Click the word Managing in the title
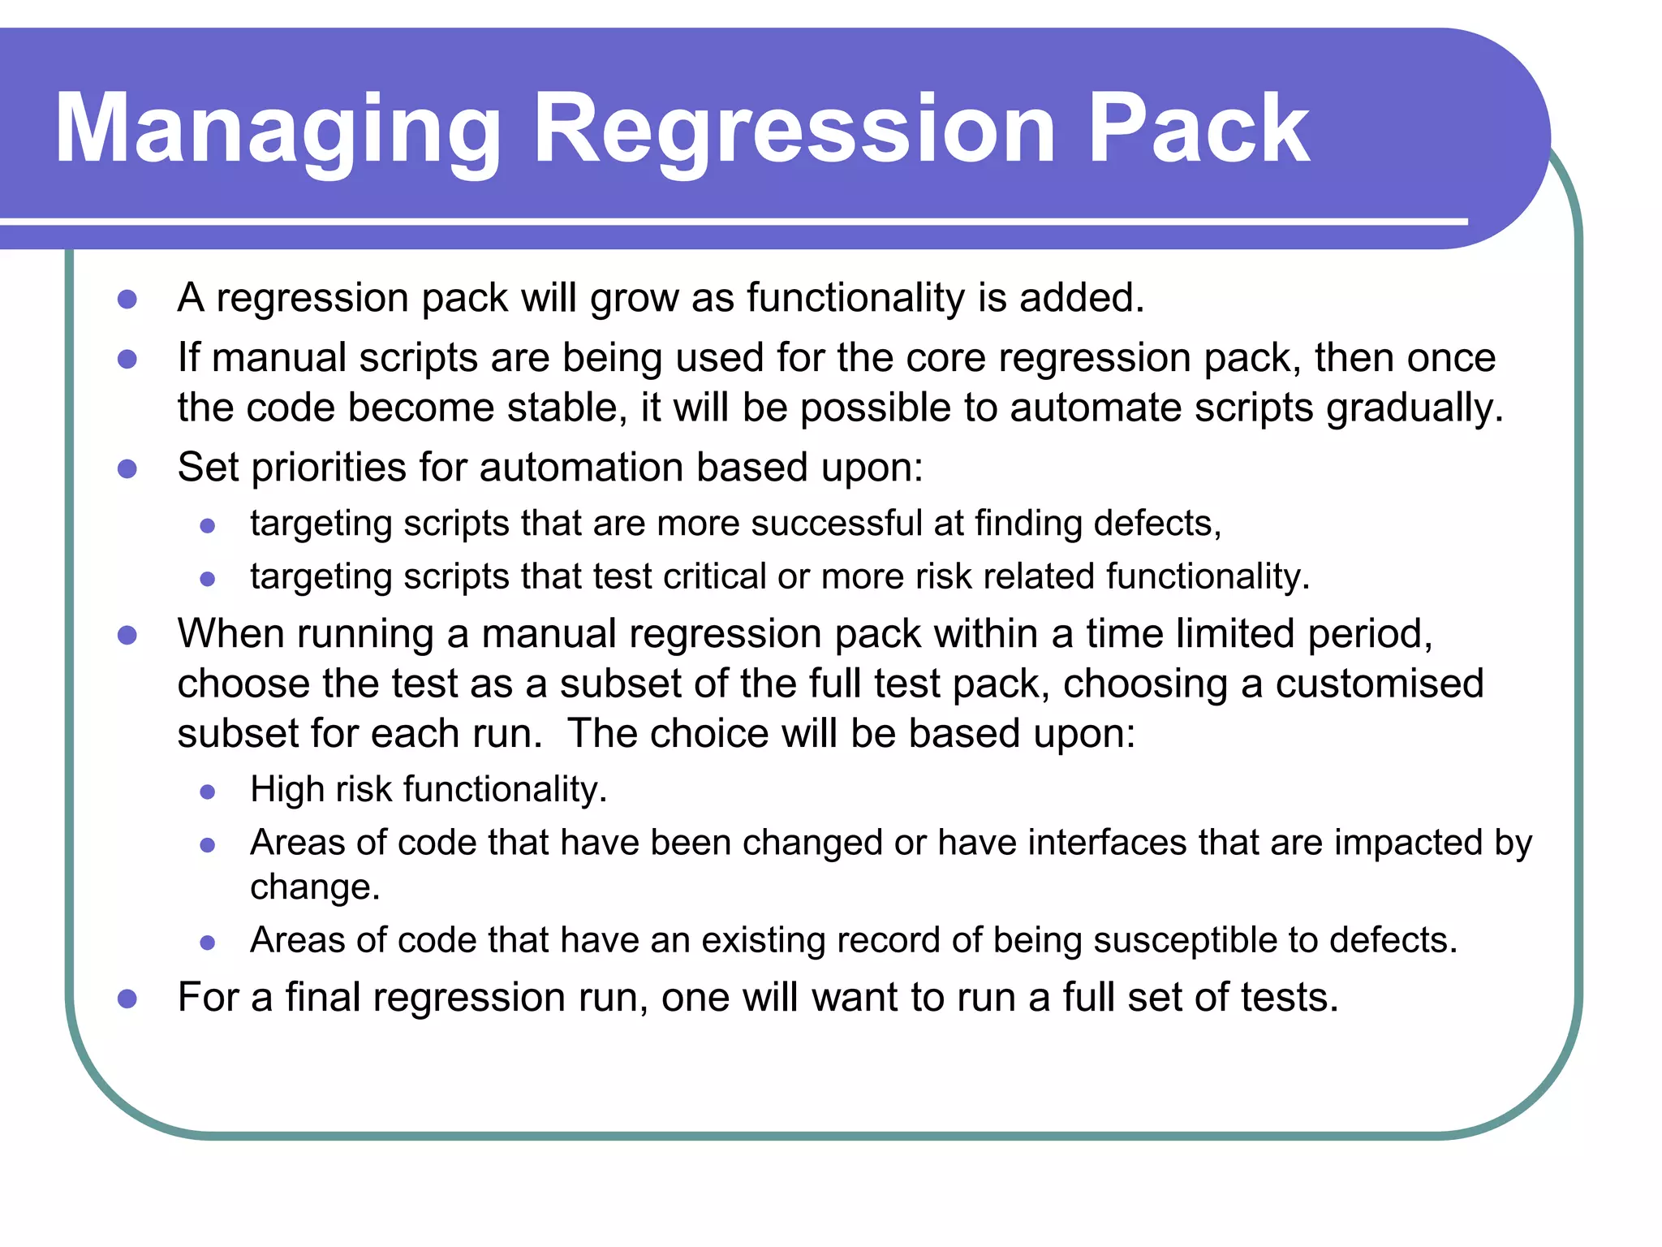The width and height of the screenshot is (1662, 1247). tap(278, 130)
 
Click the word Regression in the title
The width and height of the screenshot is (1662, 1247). tap(794, 130)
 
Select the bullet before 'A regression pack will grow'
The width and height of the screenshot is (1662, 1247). tap(127, 300)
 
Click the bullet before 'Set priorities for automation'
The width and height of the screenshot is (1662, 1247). tap(127, 468)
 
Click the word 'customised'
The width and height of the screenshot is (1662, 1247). tap(1379, 684)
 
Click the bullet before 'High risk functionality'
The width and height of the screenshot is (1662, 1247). tap(208, 792)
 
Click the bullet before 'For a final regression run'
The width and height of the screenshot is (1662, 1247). tap(127, 999)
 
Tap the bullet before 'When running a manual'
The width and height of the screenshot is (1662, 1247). tap(127, 635)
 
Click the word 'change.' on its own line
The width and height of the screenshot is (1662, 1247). tap(315, 887)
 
